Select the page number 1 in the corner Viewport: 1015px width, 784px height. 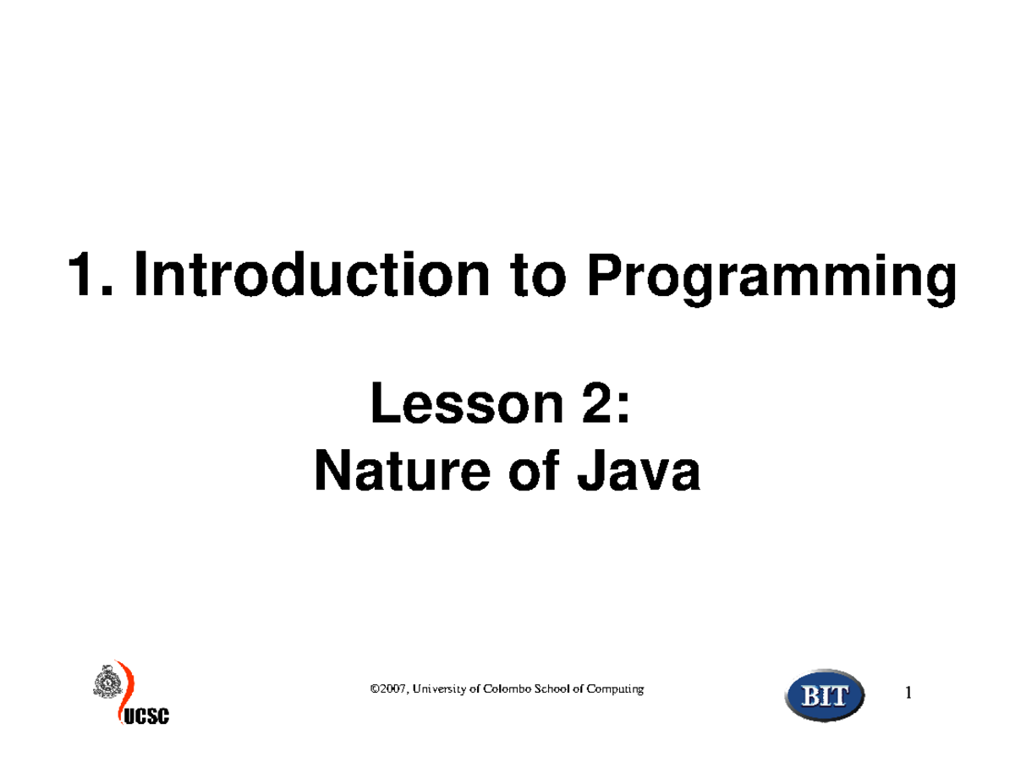click(x=908, y=694)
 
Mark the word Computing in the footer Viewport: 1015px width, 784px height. click(x=615, y=690)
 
